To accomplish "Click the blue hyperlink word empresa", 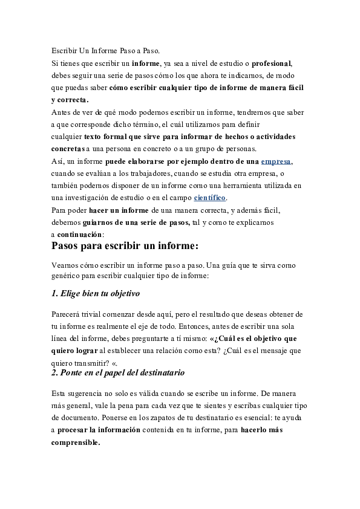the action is [276, 161].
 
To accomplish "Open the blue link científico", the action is [209, 198].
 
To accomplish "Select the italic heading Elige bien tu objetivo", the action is [96, 294].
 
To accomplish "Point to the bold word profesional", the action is [272, 63].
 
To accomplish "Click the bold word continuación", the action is [80, 235].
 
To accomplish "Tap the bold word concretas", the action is [67, 149].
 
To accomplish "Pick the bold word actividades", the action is [274, 137].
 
